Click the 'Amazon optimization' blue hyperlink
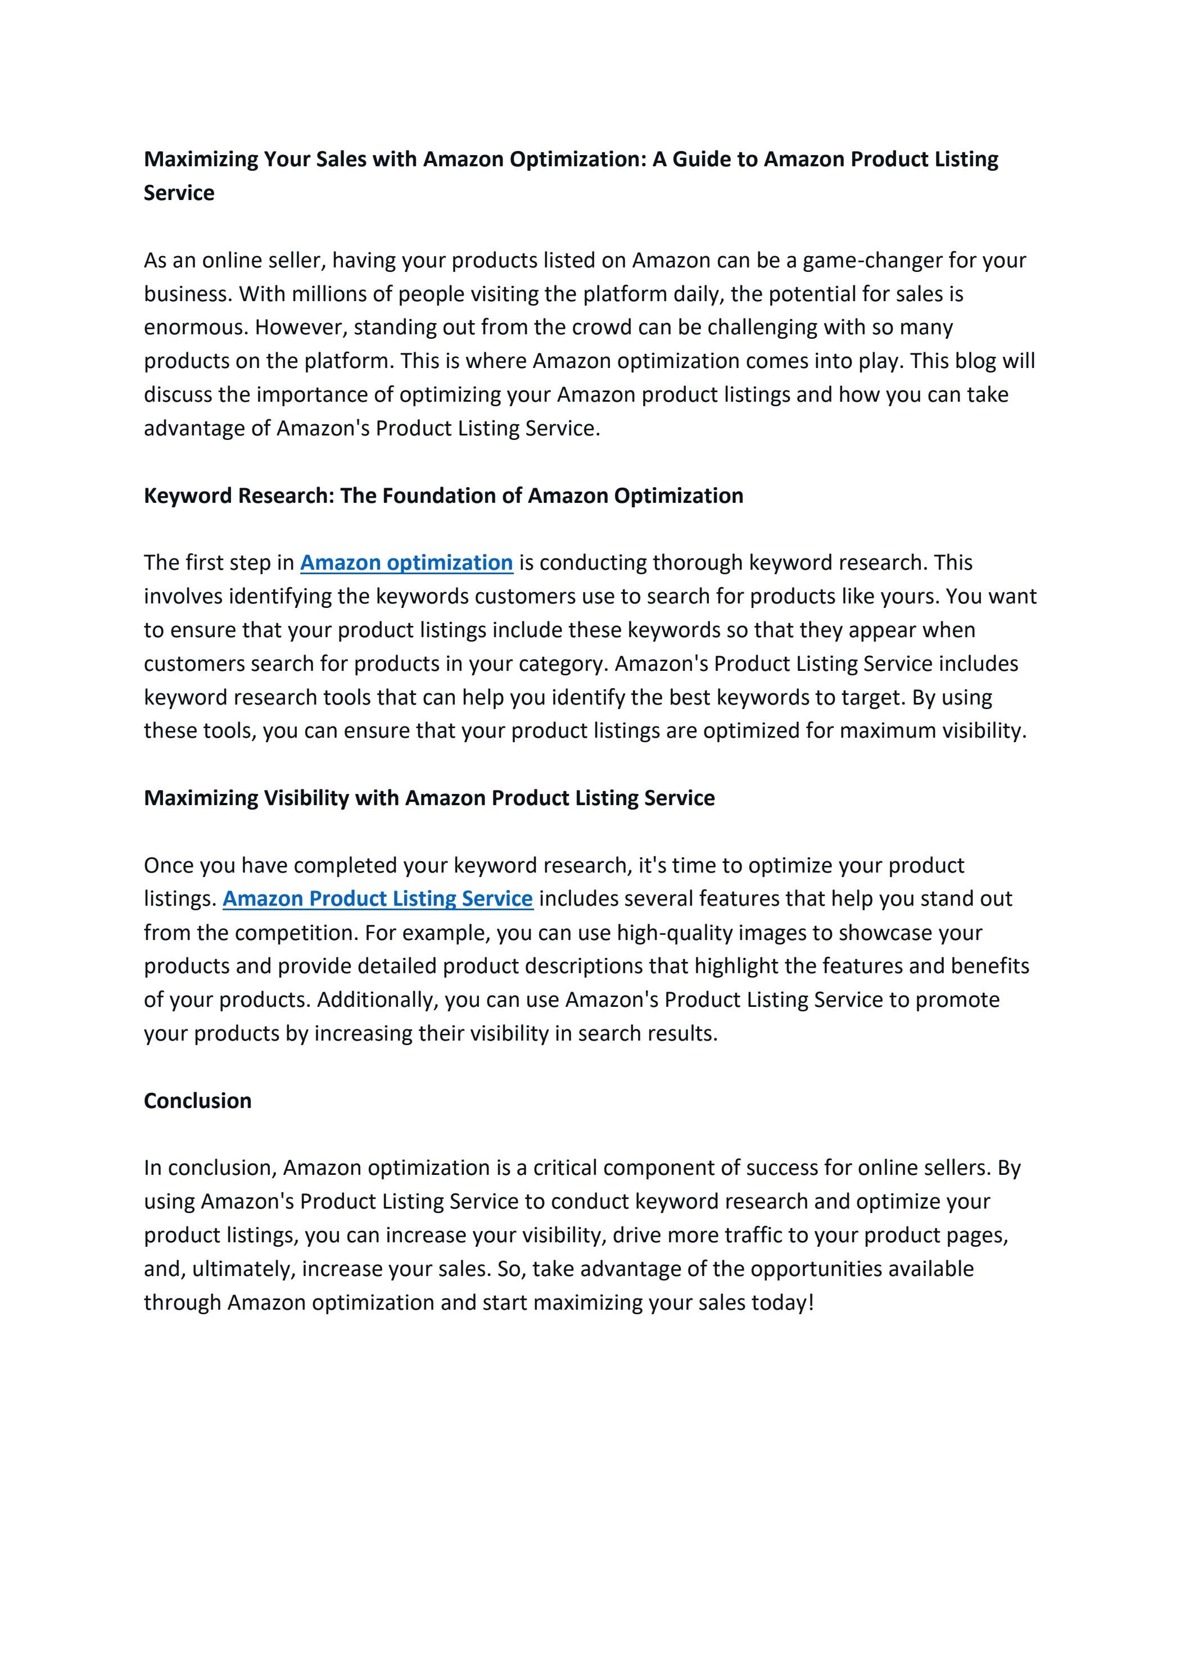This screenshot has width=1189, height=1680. (406, 562)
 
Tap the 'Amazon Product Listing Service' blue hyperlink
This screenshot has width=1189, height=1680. (378, 898)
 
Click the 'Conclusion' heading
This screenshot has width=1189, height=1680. (198, 1101)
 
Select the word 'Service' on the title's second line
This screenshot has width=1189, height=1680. (179, 193)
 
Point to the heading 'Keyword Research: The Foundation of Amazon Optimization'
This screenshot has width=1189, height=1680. (444, 496)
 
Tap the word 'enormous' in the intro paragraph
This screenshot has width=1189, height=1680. (196, 327)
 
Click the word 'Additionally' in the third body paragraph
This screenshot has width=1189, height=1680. (377, 1000)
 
